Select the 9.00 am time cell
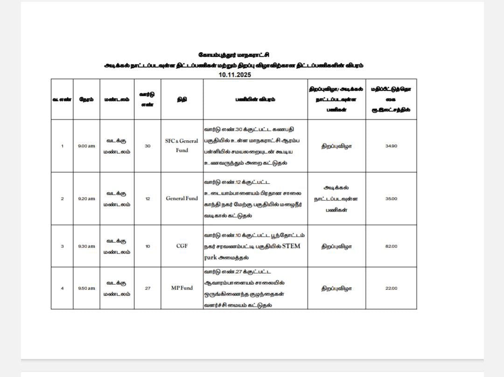(86, 146)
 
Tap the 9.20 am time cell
(86, 199)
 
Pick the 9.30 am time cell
(86, 246)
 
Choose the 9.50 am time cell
(86, 288)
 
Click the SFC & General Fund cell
(182, 145)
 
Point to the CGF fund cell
(182, 246)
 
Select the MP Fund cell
(182, 288)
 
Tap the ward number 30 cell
(147, 146)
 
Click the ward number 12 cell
(147, 199)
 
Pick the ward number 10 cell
(147, 246)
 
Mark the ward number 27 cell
(147, 288)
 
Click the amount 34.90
(391, 146)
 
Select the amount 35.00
(391, 199)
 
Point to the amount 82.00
(391, 246)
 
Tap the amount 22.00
(391, 288)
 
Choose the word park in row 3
(210, 258)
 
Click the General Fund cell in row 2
(182, 199)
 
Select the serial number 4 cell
(62, 288)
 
